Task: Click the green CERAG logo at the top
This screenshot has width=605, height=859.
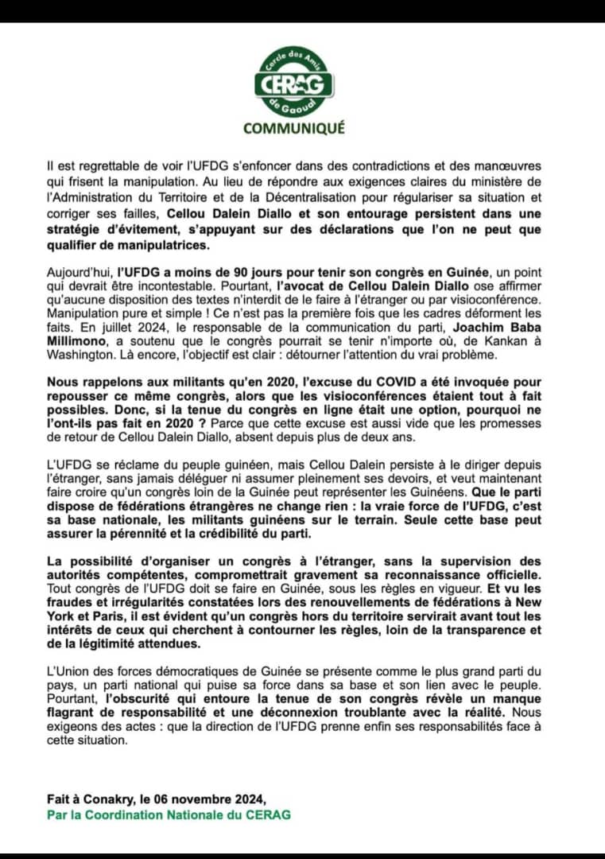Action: pos(293,84)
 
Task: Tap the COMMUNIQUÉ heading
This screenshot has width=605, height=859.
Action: pos(293,127)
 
